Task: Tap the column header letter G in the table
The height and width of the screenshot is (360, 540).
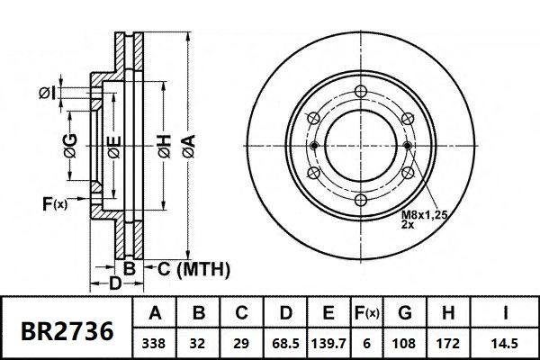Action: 407,313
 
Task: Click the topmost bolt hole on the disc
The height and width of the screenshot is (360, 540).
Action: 360,91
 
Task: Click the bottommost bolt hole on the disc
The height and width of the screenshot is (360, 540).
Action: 360,202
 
